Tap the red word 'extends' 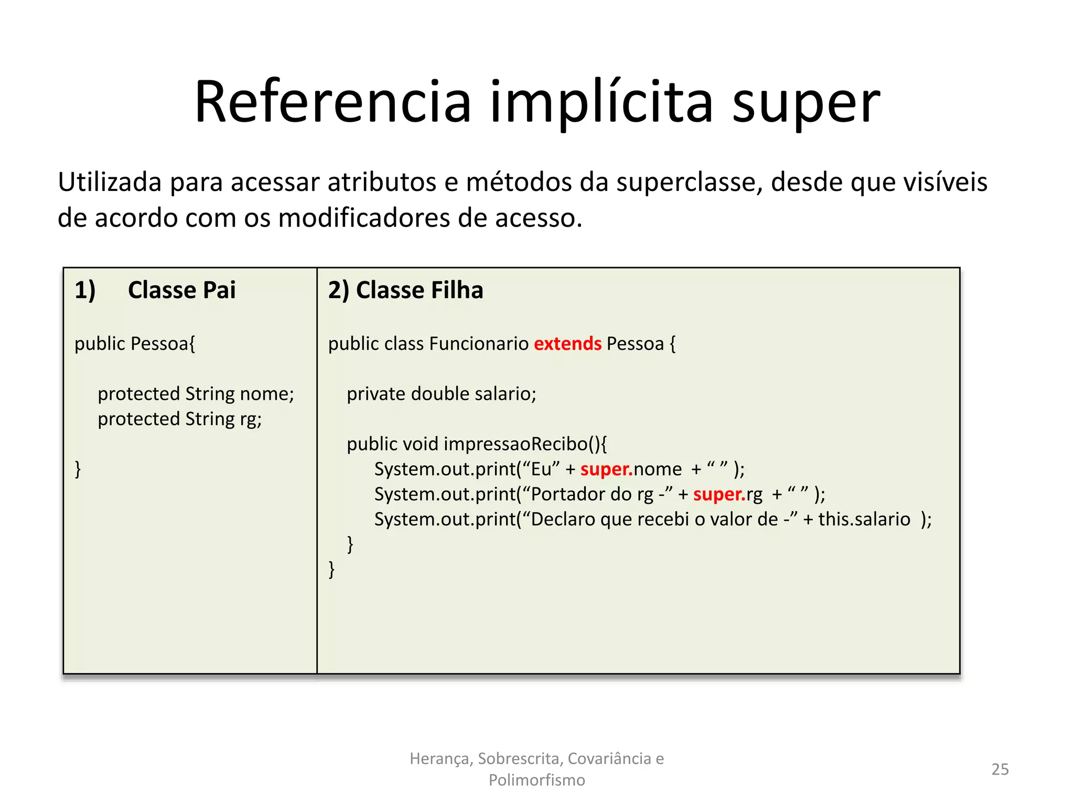[x=567, y=344]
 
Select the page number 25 [x=1000, y=769]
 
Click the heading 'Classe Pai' [x=181, y=290]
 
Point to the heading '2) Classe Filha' [x=405, y=290]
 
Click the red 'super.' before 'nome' [x=606, y=469]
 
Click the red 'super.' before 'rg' [x=719, y=494]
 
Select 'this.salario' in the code [x=864, y=519]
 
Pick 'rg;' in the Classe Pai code [x=251, y=419]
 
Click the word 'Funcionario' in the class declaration [x=479, y=344]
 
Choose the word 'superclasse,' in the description [x=689, y=182]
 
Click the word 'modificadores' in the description [x=364, y=217]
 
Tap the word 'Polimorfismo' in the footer [x=536, y=780]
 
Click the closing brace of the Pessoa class [x=78, y=469]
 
